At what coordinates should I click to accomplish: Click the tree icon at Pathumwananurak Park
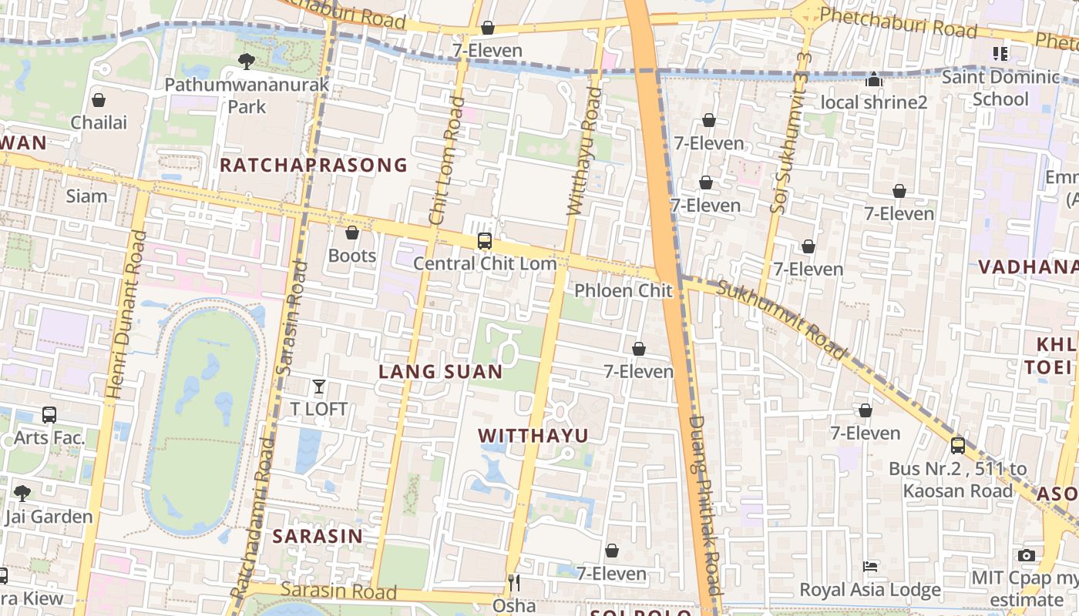point(247,60)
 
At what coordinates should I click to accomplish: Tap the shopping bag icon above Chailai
point(99,100)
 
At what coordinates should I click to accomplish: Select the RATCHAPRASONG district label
point(314,165)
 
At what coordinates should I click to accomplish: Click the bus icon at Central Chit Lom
point(484,241)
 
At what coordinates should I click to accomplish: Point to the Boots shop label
point(352,256)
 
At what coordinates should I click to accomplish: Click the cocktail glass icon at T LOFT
point(319,387)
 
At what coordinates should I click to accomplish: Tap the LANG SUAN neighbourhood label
point(441,372)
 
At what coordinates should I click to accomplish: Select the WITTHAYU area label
point(533,436)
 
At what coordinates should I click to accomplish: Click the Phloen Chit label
point(624,291)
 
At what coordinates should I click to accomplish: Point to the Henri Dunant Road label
point(126,316)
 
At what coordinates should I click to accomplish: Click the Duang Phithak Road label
point(704,504)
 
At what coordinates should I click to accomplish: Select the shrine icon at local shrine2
point(874,79)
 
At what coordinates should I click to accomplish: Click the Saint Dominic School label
point(1000,88)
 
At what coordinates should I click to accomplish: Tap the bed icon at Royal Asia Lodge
point(870,567)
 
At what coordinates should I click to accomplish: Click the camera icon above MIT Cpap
point(1026,555)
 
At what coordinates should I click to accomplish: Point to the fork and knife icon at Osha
point(514,583)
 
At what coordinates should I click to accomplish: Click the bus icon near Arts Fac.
point(49,415)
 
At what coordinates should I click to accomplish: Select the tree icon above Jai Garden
point(22,493)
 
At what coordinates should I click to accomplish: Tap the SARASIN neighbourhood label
point(318,537)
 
